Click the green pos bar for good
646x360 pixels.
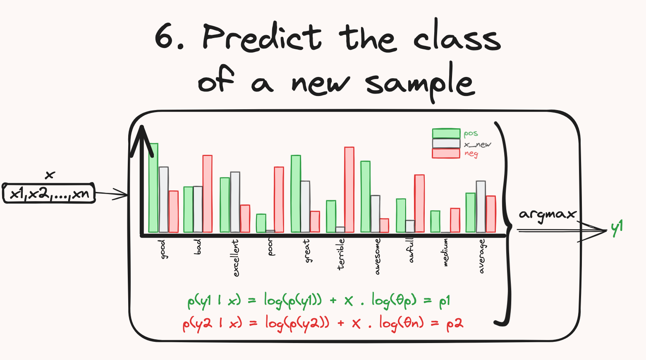(x=153, y=188)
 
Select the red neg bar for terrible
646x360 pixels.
(x=349, y=190)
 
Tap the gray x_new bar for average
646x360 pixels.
(x=481, y=206)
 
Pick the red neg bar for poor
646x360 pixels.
(x=279, y=199)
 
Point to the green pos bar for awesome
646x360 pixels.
(x=366, y=197)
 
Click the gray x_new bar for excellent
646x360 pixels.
(x=235, y=202)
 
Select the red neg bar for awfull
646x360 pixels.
(x=419, y=203)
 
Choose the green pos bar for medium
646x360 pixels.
(x=435, y=221)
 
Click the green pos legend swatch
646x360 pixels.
(x=446, y=134)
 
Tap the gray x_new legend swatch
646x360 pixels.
(x=446, y=144)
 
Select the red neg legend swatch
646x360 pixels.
(x=446, y=154)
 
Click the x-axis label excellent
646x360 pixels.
(x=236, y=258)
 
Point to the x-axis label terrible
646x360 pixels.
(x=341, y=254)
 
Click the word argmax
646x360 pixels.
(x=547, y=215)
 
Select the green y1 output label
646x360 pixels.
(x=617, y=228)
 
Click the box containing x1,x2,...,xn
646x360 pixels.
(x=49, y=193)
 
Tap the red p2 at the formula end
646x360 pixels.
(x=455, y=323)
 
